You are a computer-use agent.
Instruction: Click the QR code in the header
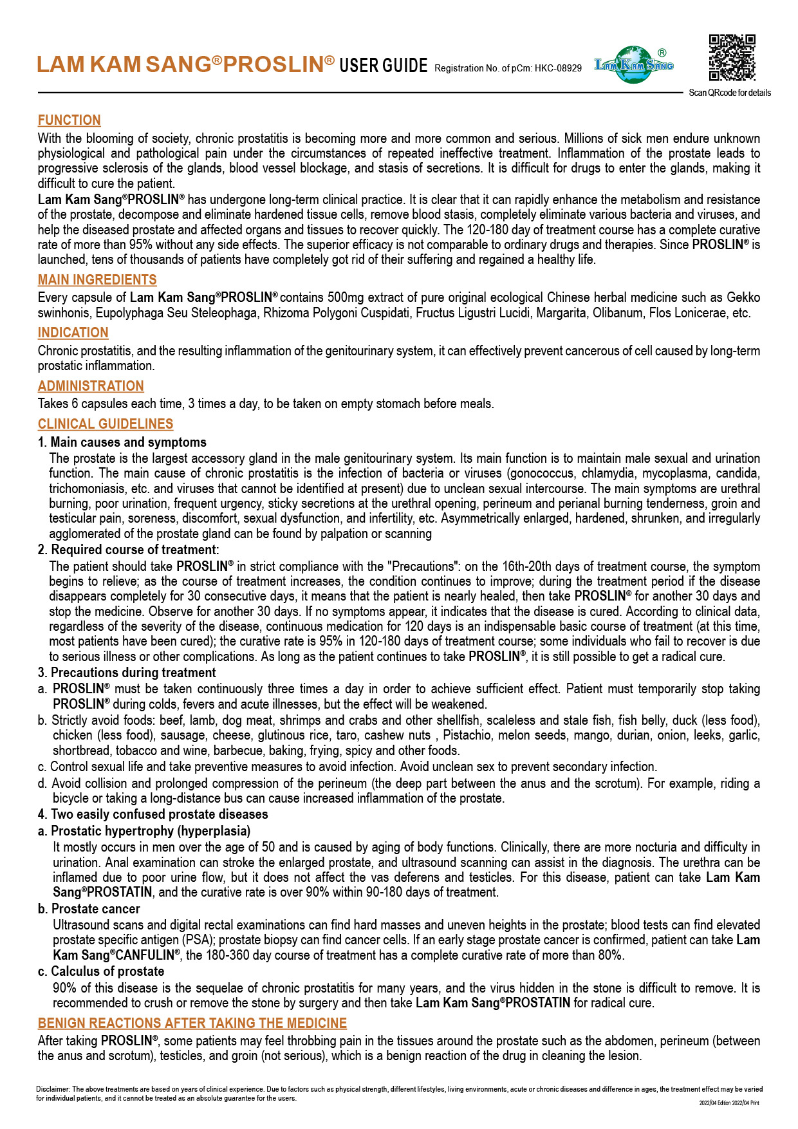tap(732, 59)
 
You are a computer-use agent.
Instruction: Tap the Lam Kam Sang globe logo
tap(634, 64)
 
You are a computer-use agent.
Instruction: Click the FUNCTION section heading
tap(70, 120)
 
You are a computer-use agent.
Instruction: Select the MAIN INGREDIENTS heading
tap(97, 280)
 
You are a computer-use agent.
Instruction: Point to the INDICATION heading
tap(73, 333)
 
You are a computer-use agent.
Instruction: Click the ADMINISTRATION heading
tap(91, 386)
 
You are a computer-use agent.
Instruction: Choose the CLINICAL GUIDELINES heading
tap(106, 424)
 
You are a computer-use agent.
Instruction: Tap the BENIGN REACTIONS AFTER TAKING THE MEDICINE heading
tap(192, 1023)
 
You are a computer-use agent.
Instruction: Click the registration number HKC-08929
tap(558, 68)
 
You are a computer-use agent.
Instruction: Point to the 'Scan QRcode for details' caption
tap(730, 93)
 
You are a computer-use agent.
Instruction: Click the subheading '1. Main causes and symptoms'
tap(122, 442)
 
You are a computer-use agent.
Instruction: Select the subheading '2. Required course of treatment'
tap(128, 550)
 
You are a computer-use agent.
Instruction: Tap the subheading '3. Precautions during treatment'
tap(127, 673)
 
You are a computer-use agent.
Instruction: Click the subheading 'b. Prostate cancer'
tap(89, 909)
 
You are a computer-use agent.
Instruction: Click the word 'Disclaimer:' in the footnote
tap(53, 1090)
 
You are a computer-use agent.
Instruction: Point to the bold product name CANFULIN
tap(145, 955)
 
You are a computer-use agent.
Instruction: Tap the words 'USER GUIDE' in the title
tap(384, 66)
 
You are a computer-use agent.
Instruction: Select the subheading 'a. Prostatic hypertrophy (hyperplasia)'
tap(144, 831)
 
